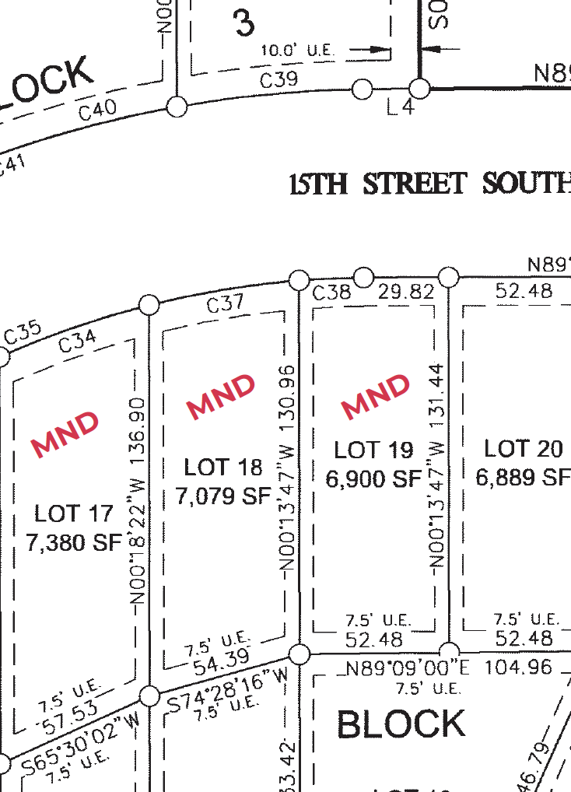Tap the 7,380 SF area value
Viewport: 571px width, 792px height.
(x=75, y=542)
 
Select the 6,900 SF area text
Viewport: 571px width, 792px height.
(x=373, y=479)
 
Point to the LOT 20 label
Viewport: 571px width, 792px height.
(x=524, y=449)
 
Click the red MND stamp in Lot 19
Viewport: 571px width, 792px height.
(x=376, y=395)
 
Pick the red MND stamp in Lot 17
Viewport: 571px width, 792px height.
(x=66, y=433)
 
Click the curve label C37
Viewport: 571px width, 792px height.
(x=226, y=303)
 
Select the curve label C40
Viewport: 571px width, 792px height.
(x=98, y=110)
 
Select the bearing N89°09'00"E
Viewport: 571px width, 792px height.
(x=408, y=668)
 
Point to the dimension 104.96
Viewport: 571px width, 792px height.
(x=517, y=668)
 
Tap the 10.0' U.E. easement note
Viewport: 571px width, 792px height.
(x=299, y=51)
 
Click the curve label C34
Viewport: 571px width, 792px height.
(x=78, y=341)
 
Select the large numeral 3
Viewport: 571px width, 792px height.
(x=244, y=23)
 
